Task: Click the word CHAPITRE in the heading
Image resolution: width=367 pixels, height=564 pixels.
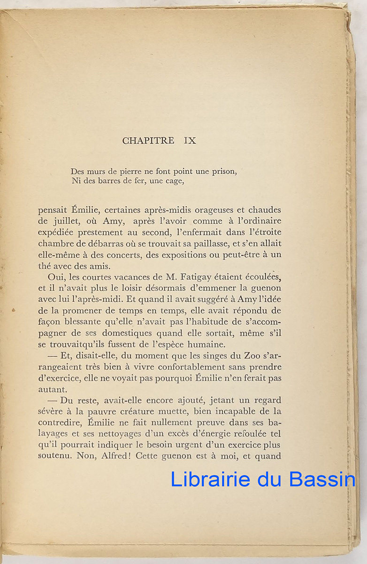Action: tap(148, 141)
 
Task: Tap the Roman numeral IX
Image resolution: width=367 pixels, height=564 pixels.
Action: tap(190, 141)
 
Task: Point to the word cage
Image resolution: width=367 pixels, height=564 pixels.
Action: tap(171, 181)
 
